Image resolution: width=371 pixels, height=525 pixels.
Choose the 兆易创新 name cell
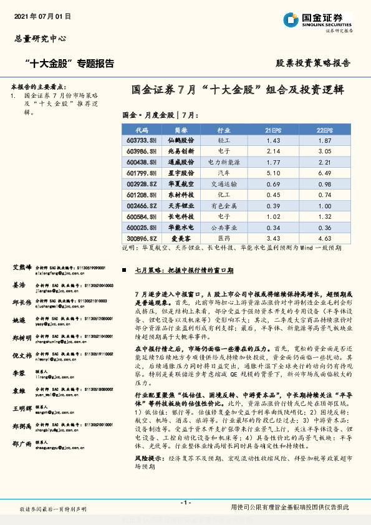pyautogui.click(x=181, y=152)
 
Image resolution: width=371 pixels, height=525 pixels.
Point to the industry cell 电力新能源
pyautogui.click(x=223, y=163)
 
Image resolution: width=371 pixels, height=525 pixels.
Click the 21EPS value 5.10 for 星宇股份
pyautogui.click(x=272, y=173)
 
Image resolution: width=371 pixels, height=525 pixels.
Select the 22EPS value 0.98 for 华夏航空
pyautogui.click(x=324, y=185)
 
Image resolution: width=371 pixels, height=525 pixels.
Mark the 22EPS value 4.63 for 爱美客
pyautogui.click(x=324, y=238)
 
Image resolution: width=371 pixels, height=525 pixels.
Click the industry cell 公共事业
pyautogui.click(x=223, y=227)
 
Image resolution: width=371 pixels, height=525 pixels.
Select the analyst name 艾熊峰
pyautogui.click(x=22, y=267)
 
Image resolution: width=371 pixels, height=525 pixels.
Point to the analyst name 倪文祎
pyautogui.click(x=22, y=355)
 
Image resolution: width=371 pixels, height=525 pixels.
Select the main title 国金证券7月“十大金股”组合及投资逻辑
pyautogui.click(x=238, y=89)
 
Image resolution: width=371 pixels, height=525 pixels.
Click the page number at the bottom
pyautogui.click(x=185, y=503)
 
